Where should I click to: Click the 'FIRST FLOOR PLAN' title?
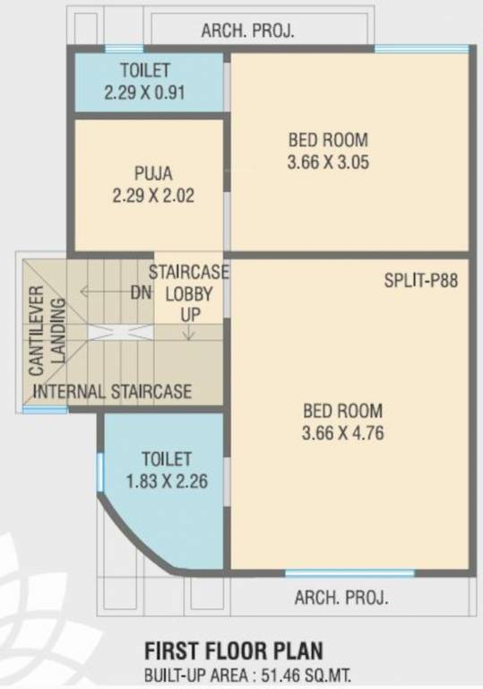pyautogui.click(x=234, y=650)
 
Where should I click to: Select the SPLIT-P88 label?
pyautogui.click(x=421, y=280)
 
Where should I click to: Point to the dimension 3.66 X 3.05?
pyautogui.click(x=328, y=163)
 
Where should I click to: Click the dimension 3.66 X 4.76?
pyautogui.click(x=342, y=434)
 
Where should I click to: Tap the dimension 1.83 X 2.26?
pyautogui.click(x=167, y=481)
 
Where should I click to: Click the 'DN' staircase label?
pyautogui.click(x=140, y=292)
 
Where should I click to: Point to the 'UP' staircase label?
pyautogui.click(x=188, y=314)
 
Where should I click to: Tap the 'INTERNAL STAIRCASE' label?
pyautogui.click(x=113, y=392)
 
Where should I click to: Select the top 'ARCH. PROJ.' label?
pyautogui.click(x=248, y=31)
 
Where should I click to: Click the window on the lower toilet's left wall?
pyautogui.click(x=100, y=471)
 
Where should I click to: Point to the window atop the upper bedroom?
pyautogui.click(x=411, y=48)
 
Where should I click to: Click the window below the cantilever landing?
pyautogui.click(x=45, y=410)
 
